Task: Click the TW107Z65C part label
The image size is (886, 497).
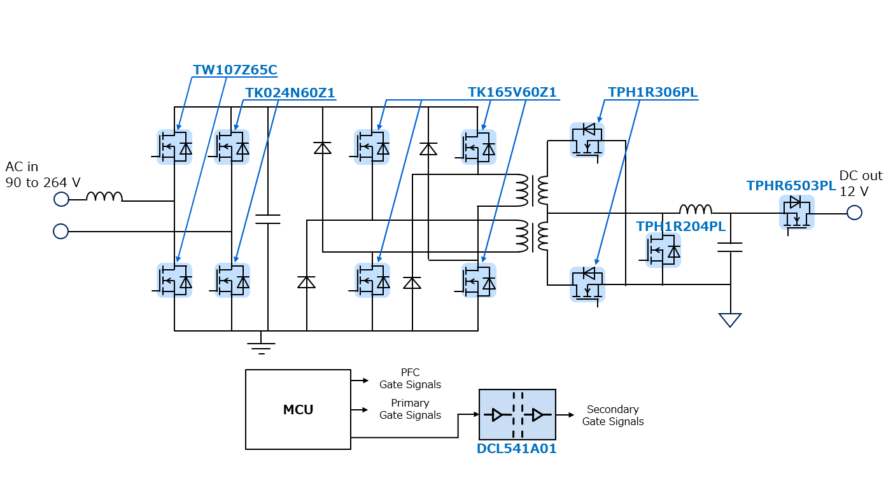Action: pyautogui.click(x=235, y=70)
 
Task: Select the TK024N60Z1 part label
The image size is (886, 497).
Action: pyautogui.click(x=290, y=93)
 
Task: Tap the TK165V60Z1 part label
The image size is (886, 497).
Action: pyautogui.click(x=512, y=92)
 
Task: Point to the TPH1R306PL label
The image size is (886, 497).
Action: pyautogui.click(x=652, y=92)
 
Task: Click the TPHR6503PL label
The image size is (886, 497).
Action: pyautogui.click(x=791, y=186)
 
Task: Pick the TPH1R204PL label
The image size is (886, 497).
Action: pyautogui.click(x=680, y=227)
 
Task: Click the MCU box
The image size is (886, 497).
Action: pyautogui.click(x=298, y=409)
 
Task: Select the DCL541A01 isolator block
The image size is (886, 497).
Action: pyautogui.click(x=517, y=415)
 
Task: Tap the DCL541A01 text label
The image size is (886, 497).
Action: pyautogui.click(x=516, y=449)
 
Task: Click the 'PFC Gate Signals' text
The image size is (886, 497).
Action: pyautogui.click(x=410, y=379)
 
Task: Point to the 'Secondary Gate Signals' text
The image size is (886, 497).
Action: pyautogui.click(x=612, y=416)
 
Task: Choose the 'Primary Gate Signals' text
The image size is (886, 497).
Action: pyautogui.click(x=410, y=409)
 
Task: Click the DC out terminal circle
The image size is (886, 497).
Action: pyautogui.click(x=854, y=213)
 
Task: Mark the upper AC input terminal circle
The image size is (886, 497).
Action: pyautogui.click(x=61, y=200)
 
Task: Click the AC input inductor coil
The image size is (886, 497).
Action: pyautogui.click(x=104, y=197)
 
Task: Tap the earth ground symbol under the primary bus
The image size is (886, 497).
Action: pyautogui.click(x=261, y=346)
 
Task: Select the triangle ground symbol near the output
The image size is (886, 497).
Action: pyautogui.click(x=729, y=319)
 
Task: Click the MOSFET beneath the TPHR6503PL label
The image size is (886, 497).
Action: pyautogui.click(x=796, y=213)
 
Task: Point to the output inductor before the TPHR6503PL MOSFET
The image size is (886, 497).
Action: pyautogui.click(x=695, y=209)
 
